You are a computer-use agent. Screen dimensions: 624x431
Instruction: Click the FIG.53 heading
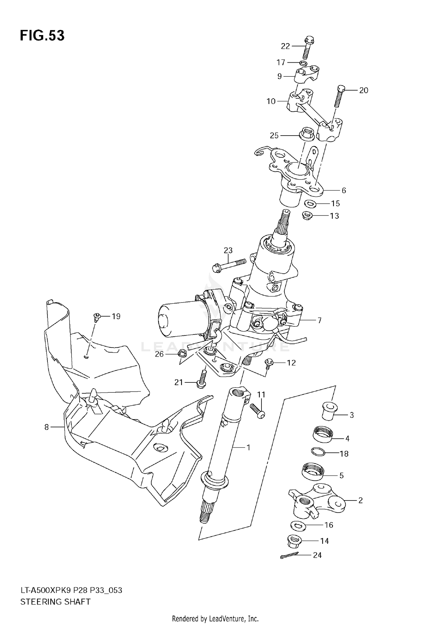[42, 36]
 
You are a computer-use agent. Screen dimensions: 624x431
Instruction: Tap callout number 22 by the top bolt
[285, 46]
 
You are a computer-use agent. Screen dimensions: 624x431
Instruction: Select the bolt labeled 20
[338, 97]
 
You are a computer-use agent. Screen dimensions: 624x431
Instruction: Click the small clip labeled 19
[97, 317]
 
